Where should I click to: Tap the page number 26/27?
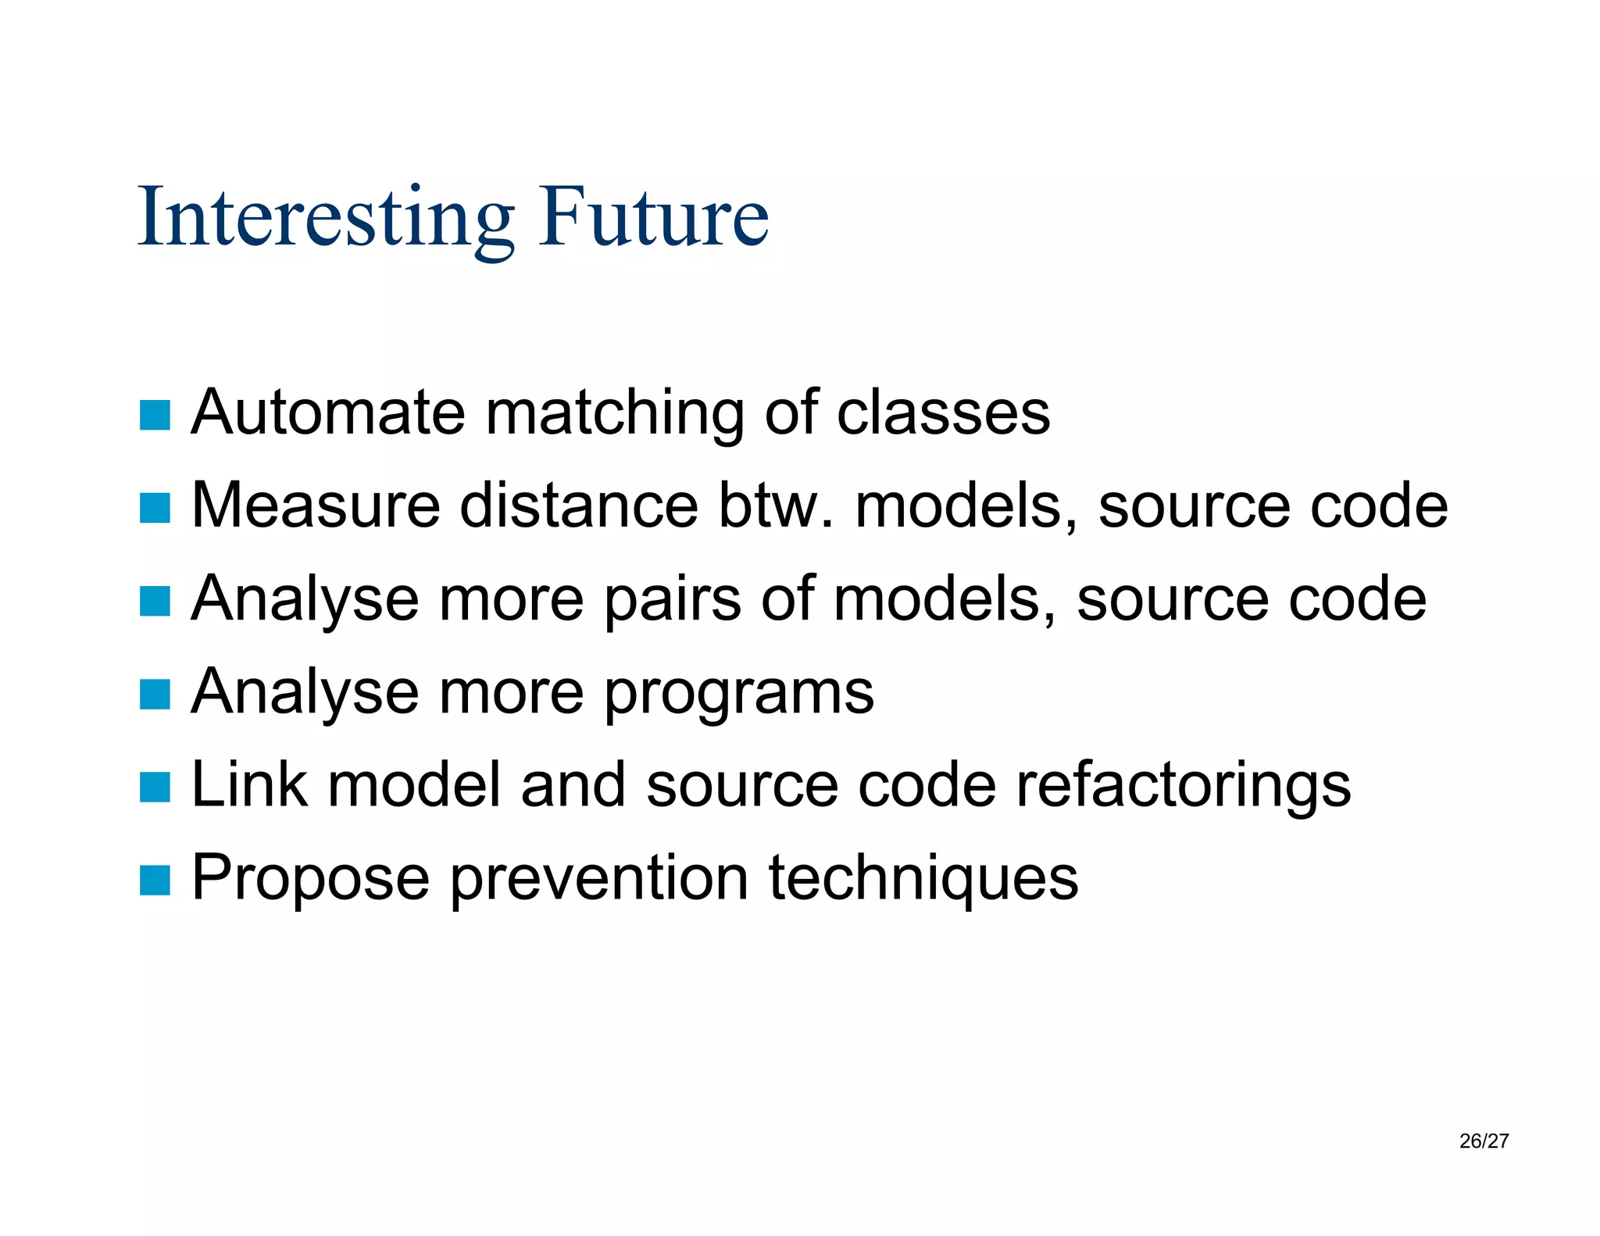(1483, 1141)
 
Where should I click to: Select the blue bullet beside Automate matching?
(155, 415)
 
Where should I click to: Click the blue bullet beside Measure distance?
(155, 508)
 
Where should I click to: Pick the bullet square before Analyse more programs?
(155, 694)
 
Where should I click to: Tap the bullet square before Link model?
(155, 787)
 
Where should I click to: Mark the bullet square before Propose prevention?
(155, 880)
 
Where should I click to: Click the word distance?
(578, 505)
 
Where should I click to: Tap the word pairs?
(672, 600)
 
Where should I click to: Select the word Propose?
(310, 880)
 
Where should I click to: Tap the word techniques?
(923, 878)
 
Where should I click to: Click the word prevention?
(599, 878)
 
